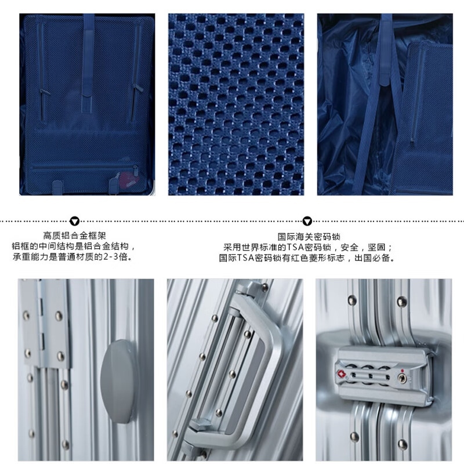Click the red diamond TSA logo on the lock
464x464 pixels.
(x=342, y=374)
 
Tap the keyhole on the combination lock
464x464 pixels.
(x=402, y=378)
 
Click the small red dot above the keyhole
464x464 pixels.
(x=402, y=371)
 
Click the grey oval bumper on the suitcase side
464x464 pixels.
(x=117, y=382)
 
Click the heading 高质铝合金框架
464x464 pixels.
(x=74, y=235)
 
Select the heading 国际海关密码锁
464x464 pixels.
(x=309, y=237)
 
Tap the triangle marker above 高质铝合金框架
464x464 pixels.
(x=74, y=221)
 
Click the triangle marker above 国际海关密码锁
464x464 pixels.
(x=307, y=221)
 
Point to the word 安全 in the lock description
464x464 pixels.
(x=350, y=247)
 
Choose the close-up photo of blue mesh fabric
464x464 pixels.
(x=236, y=104)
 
